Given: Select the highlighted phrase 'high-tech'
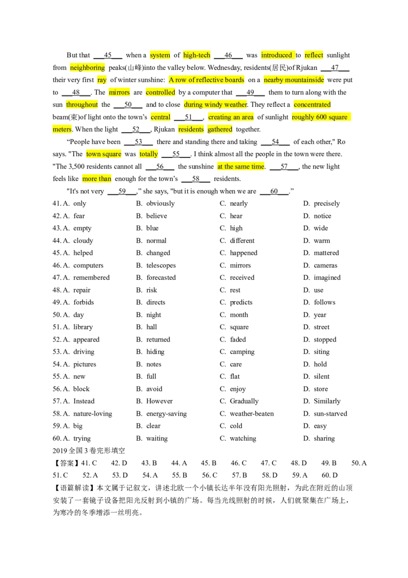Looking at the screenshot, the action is point(197,55).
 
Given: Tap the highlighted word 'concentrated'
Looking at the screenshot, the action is point(312,104).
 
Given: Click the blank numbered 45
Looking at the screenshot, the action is point(108,55).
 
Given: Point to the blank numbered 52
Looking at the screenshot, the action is point(136,129).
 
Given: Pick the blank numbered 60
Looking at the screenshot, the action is point(274,191).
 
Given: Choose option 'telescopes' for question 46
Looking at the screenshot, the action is point(161,265).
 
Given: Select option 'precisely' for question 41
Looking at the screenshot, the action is point(326,204).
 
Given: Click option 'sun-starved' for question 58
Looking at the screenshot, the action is point(330,414).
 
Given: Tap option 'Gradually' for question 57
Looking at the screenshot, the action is point(244,401).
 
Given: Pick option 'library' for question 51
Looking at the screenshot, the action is point(83,327).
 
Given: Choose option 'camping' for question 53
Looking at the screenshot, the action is point(242,352).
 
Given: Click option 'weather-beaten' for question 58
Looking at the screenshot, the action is point(252,414).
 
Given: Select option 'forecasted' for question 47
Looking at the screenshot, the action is point(161,278).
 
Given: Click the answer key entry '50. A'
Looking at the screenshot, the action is point(359,463).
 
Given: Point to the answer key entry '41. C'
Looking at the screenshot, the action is point(89,463).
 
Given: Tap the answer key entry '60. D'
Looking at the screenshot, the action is point(329,475).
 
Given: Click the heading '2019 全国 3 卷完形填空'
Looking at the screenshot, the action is point(89,450).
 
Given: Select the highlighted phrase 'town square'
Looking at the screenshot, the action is point(104,154).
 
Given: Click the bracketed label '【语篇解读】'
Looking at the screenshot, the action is point(74,488).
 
